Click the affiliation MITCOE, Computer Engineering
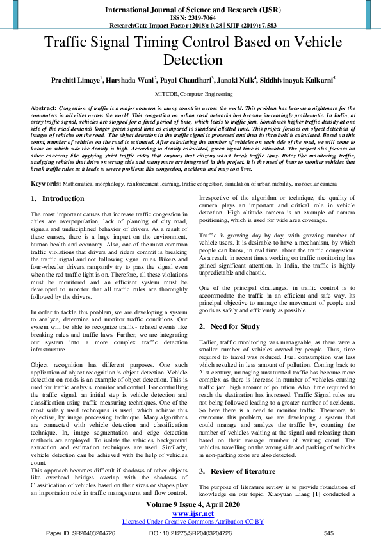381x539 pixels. (x=190, y=93)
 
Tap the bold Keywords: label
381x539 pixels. (x=47, y=183)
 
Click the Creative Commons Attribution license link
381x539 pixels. (x=190, y=521)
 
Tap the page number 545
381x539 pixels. (x=328, y=533)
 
